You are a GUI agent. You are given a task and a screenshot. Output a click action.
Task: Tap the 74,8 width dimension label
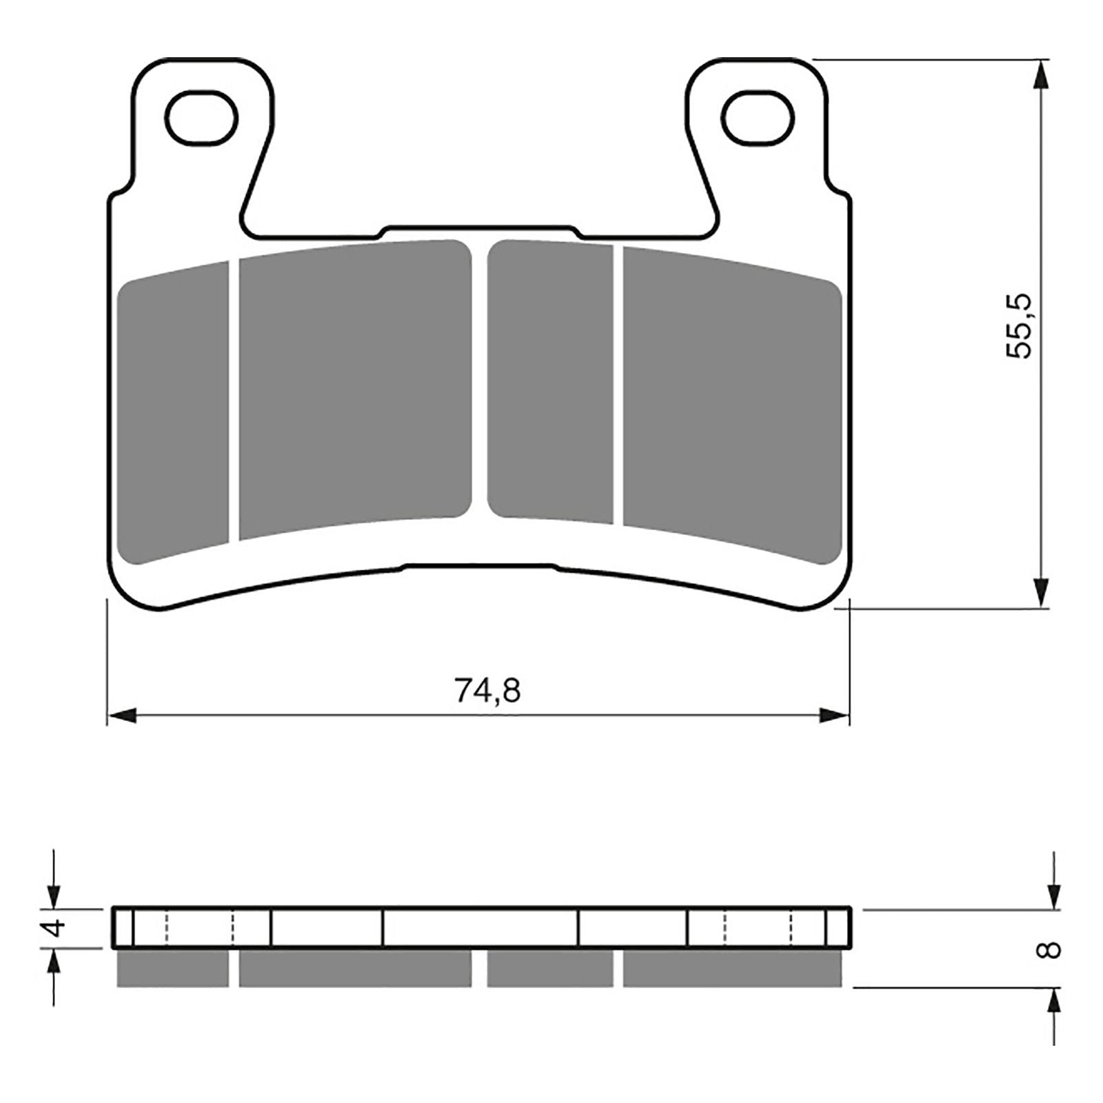[x=487, y=690]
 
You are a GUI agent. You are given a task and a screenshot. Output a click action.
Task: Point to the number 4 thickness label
[x=55, y=928]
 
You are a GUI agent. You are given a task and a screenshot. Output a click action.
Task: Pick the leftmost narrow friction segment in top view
[x=173, y=414]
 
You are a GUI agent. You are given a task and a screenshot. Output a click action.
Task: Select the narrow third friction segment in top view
[x=550, y=381]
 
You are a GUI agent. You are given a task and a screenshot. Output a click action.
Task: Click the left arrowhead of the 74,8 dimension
[x=123, y=716]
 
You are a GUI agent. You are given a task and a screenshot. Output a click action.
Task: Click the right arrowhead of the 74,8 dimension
[x=834, y=716]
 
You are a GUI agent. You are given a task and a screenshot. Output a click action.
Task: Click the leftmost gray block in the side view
[x=172, y=969]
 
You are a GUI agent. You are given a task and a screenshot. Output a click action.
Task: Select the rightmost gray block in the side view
[x=732, y=969]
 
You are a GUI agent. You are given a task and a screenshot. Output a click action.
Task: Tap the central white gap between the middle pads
[x=480, y=379]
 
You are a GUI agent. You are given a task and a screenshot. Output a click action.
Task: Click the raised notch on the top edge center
[x=479, y=229]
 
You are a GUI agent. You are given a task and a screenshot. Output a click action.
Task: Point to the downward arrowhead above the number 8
[x=1053, y=895]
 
